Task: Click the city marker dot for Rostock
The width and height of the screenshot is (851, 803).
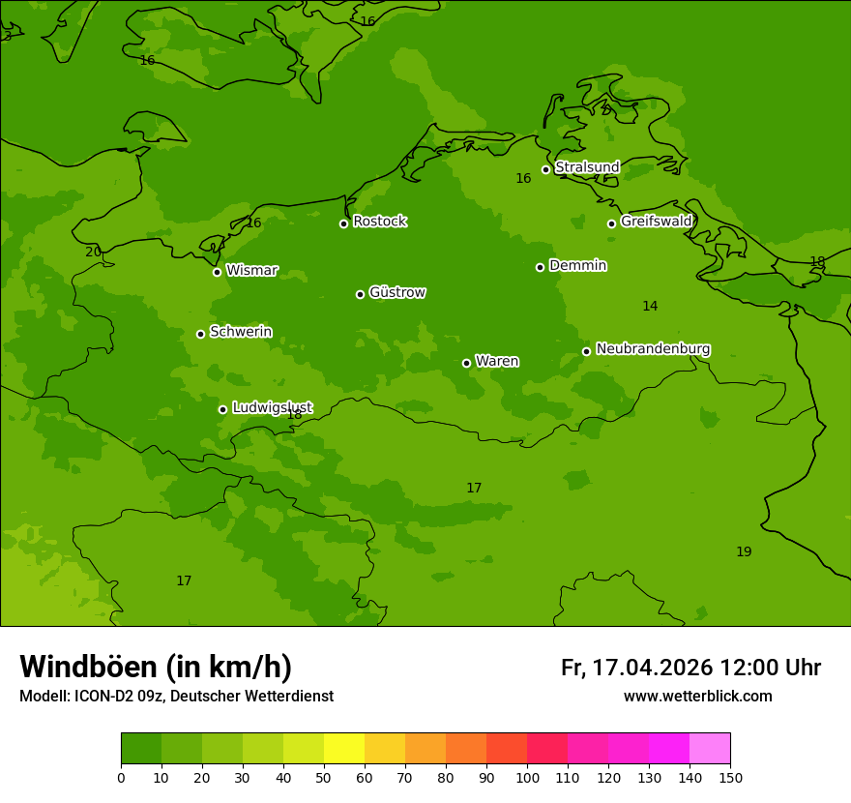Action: point(343,223)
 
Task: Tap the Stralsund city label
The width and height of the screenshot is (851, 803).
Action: point(587,167)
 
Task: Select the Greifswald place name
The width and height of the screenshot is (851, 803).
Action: point(656,222)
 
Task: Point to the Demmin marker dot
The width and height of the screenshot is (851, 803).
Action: point(540,267)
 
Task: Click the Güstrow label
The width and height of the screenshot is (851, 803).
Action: point(397,292)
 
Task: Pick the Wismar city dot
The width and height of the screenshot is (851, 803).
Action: point(217,272)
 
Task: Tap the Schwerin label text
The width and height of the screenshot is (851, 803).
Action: point(241,332)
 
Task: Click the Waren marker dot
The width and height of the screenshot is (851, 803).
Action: point(466,363)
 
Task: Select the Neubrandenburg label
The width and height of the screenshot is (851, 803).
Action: point(653,349)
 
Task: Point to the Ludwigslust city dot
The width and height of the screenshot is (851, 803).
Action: point(222,409)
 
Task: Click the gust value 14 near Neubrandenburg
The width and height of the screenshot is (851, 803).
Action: point(650,307)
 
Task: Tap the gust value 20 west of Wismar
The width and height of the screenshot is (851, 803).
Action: point(93,253)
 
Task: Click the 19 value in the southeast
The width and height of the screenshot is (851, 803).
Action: point(744,552)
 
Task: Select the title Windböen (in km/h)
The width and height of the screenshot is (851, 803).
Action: point(156,667)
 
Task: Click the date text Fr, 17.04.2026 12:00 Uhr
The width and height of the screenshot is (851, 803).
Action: point(690,668)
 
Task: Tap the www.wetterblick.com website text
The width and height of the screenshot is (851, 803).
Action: point(697,697)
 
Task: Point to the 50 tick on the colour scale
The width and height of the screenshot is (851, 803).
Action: point(324,777)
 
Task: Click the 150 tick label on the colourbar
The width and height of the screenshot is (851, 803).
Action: point(730,777)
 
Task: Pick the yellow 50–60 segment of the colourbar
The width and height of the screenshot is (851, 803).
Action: point(344,748)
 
